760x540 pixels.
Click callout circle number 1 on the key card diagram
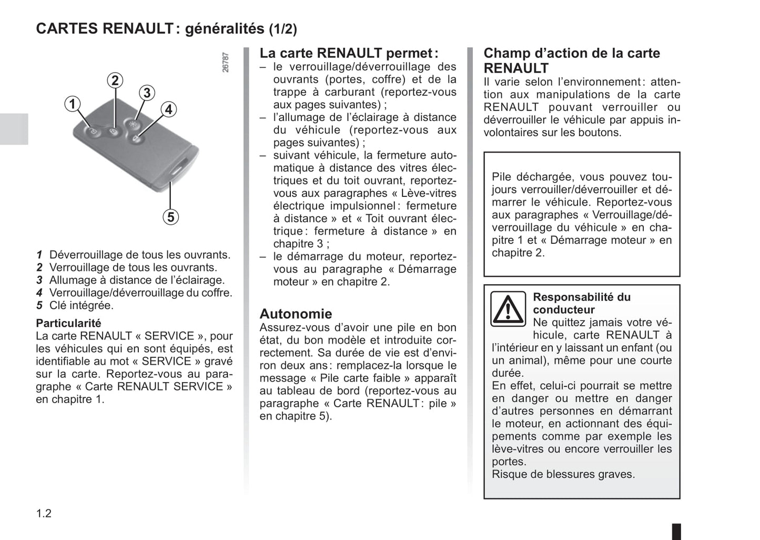coord(73,104)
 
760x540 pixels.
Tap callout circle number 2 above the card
coord(115,81)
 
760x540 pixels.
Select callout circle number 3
coord(147,93)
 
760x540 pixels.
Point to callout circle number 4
coord(168,109)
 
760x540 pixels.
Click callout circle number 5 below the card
coord(170,216)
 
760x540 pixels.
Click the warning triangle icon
coord(508,309)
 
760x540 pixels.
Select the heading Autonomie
coord(296,314)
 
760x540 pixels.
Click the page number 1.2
coord(44,513)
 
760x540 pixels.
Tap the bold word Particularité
coord(68,323)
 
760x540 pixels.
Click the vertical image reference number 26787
coord(226,62)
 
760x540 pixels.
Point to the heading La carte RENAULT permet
coord(348,53)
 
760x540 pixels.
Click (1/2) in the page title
coord(283,29)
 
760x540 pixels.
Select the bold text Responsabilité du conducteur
coord(581,303)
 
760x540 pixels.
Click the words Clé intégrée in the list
coord(81,305)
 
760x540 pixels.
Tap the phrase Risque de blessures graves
coord(563,474)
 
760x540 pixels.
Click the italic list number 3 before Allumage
coord(39,280)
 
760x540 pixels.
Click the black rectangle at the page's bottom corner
coord(676,531)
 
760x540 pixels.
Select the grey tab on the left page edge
coord(14,129)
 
